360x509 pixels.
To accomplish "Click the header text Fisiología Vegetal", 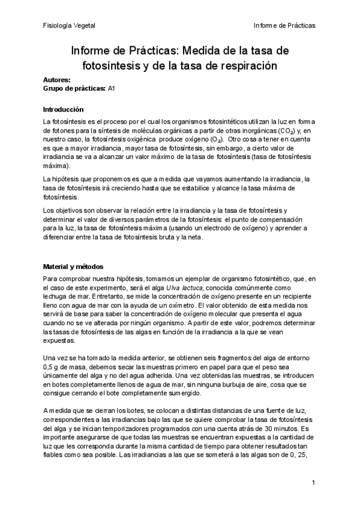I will [x=69, y=26].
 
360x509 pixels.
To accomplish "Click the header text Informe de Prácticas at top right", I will [x=285, y=26].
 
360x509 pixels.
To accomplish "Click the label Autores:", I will [x=57, y=80].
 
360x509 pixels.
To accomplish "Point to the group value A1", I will [x=112, y=88].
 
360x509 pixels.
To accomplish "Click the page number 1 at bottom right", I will [x=313, y=483].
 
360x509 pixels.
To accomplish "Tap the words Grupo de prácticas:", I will [x=74, y=88].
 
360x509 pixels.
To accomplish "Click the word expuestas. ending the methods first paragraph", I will [x=59, y=339].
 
